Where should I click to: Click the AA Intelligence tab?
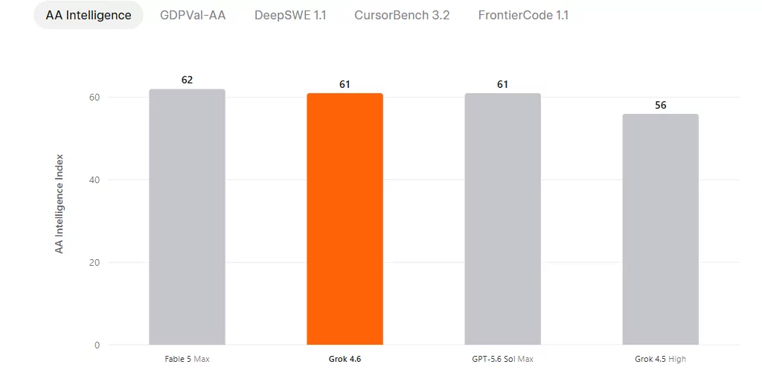[89, 15]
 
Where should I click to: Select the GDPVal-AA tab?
[193, 15]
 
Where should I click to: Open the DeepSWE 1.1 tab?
[290, 15]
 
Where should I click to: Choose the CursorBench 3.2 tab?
[402, 15]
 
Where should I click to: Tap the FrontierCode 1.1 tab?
[523, 15]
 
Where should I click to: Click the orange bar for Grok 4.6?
[345, 219]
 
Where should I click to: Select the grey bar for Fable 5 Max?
[187, 217]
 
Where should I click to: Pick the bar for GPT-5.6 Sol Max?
[502, 219]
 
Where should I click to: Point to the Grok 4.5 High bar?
[661, 229]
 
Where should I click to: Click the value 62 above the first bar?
[187, 80]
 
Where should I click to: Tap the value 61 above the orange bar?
[345, 85]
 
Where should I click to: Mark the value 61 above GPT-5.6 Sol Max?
[502, 85]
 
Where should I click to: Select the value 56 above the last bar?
[661, 105]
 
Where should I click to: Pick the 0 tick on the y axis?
[97, 345]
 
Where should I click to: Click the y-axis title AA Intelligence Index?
[60, 204]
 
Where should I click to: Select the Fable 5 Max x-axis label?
[187, 360]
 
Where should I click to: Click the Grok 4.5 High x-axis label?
[661, 360]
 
